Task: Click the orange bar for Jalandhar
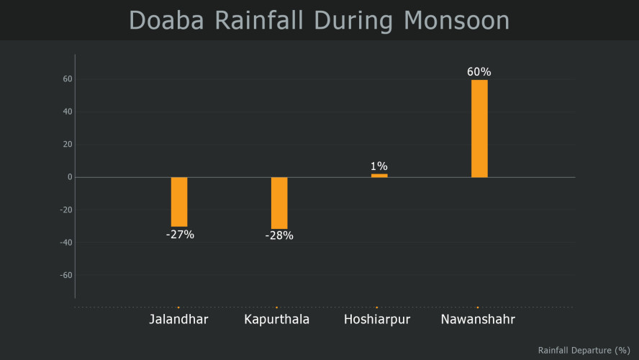pyautogui.click(x=179, y=202)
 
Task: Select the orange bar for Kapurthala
pyautogui.click(x=279, y=203)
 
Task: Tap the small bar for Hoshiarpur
pyautogui.click(x=379, y=176)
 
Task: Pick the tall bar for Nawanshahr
pyautogui.click(x=479, y=128)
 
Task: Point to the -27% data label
pyautogui.click(x=179, y=235)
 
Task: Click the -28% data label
pyautogui.click(x=279, y=236)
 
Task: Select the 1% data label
pyautogui.click(x=379, y=166)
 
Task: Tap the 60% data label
pyautogui.click(x=479, y=72)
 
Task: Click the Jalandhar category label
pyautogui.click(x=179, y=320)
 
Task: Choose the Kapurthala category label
pyautogui.click(x=277, y=320)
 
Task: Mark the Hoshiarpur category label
pyautogui.click(x=377, y=320)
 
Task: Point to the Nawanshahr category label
pyautogui.click(x=478, y=320)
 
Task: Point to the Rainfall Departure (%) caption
pyautogui.click(x=584, y=350)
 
